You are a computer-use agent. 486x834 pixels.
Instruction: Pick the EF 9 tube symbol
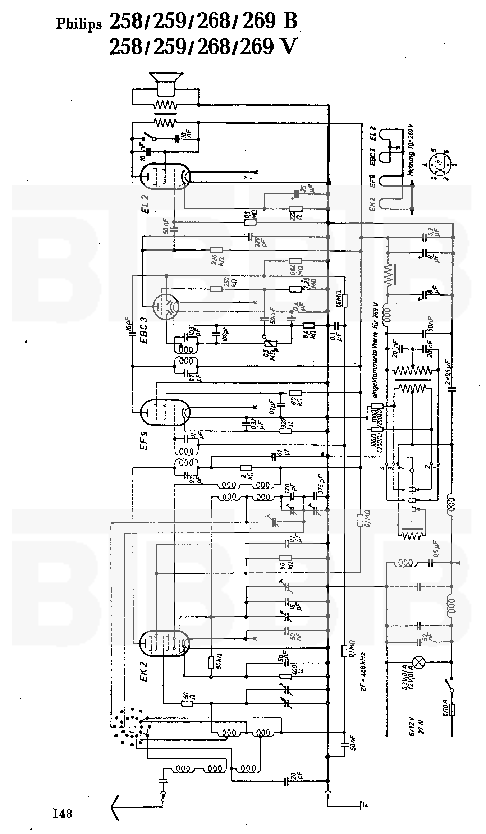point(165,412)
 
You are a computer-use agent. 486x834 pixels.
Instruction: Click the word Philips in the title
point(79,24)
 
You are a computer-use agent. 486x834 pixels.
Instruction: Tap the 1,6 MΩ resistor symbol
point(344,301)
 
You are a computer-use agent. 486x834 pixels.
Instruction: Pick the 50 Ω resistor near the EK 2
point(187,703)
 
